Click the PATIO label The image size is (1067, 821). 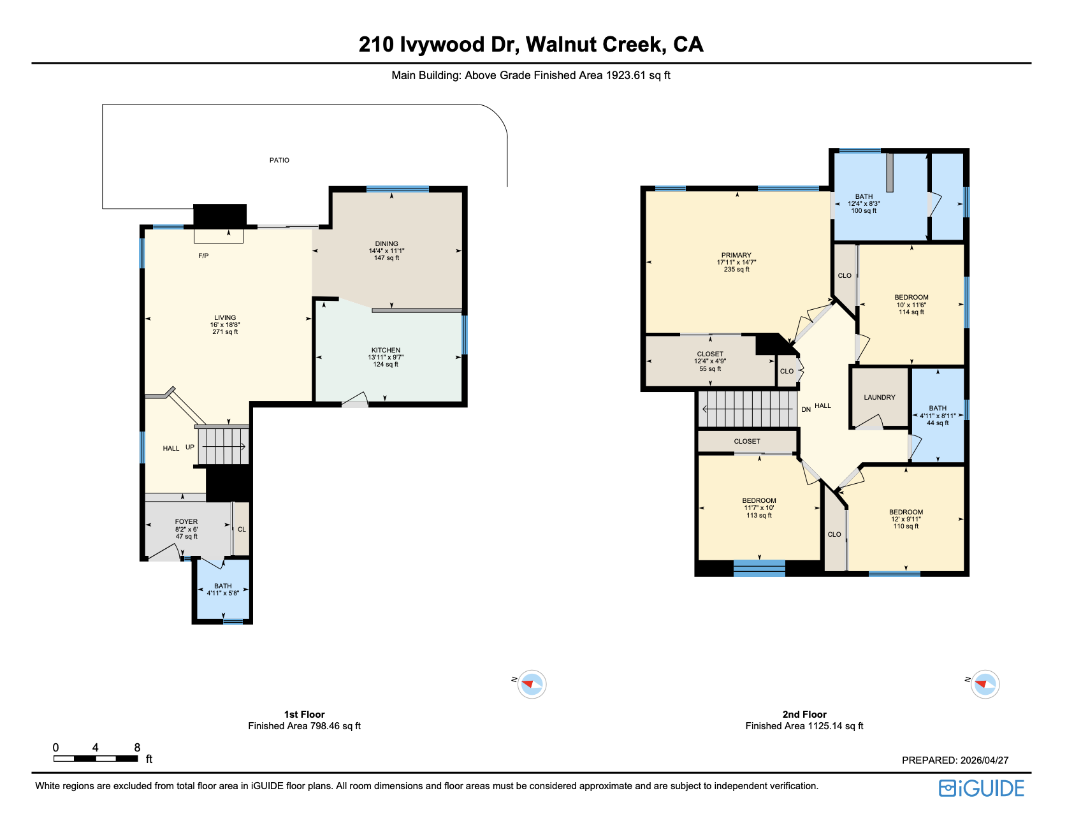279,160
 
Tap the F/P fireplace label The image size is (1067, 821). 203,256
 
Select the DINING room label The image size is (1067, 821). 386,243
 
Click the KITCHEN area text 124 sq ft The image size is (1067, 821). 386,365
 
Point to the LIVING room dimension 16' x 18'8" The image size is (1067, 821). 225,324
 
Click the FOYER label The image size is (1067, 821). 186,521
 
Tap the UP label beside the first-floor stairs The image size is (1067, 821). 190,447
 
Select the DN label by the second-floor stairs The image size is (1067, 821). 806,409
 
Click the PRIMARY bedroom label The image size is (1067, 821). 736,255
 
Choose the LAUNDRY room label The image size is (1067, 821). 879,397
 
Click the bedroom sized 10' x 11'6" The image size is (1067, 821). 911,305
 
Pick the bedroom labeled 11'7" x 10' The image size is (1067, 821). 759,508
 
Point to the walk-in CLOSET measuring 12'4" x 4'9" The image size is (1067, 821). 709,361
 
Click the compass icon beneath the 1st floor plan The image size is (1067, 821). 531,685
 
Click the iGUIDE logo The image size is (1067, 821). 981,788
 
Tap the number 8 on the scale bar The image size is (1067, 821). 137,748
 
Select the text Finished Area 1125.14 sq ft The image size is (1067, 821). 804,726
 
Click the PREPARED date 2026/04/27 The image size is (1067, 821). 984,760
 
